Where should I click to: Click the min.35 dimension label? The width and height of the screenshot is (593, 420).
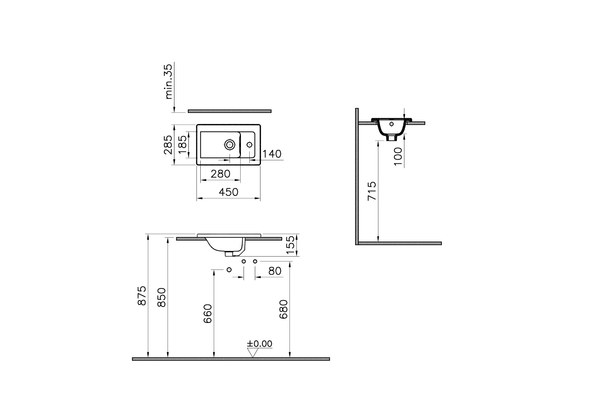tap(169, 82)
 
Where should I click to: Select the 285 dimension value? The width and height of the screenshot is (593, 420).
tap(168, 145)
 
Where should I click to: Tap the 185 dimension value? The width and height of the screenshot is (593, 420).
tap(183, 145)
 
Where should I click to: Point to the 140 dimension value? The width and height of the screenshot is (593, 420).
tap(272, 154)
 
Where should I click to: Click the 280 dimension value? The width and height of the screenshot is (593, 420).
tap(221, 174)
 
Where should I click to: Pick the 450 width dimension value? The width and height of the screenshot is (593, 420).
tap(228, 192)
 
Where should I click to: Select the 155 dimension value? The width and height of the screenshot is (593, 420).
tap(291, 245)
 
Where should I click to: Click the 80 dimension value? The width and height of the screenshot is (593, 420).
tap(275, 271)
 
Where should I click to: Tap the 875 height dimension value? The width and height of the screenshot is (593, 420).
tap(142, 295)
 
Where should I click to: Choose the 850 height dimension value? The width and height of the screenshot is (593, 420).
tap(162, 297)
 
